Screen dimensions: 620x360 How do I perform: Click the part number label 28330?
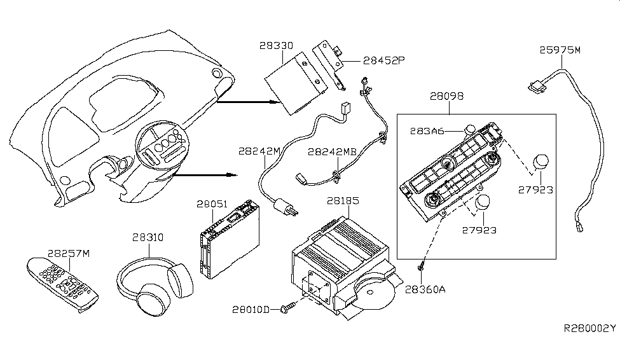click(277, 46)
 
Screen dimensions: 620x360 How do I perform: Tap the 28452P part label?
click(384, 60)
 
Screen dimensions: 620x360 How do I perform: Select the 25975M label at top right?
click(560, 50)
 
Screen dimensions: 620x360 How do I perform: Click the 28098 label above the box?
click(447, 96)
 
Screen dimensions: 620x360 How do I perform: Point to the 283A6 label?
click(427, 131)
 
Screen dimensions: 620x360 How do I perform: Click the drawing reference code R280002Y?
click(589, 328)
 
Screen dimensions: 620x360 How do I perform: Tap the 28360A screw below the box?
click(421, 268)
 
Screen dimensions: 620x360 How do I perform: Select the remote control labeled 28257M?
click(62, 284)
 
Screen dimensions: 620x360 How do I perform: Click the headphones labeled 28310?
click(155, 286)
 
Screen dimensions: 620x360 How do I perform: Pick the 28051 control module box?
click(230, 239)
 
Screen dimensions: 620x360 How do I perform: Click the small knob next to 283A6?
click(470, 129)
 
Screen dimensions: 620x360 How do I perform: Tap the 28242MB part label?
click(332, 151)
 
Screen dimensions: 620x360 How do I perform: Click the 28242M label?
click(259, 151)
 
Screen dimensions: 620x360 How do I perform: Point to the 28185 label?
click(343, 200)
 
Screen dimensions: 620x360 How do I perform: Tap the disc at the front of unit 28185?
click(373, 292)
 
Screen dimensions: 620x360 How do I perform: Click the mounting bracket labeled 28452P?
click(329, 64)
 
